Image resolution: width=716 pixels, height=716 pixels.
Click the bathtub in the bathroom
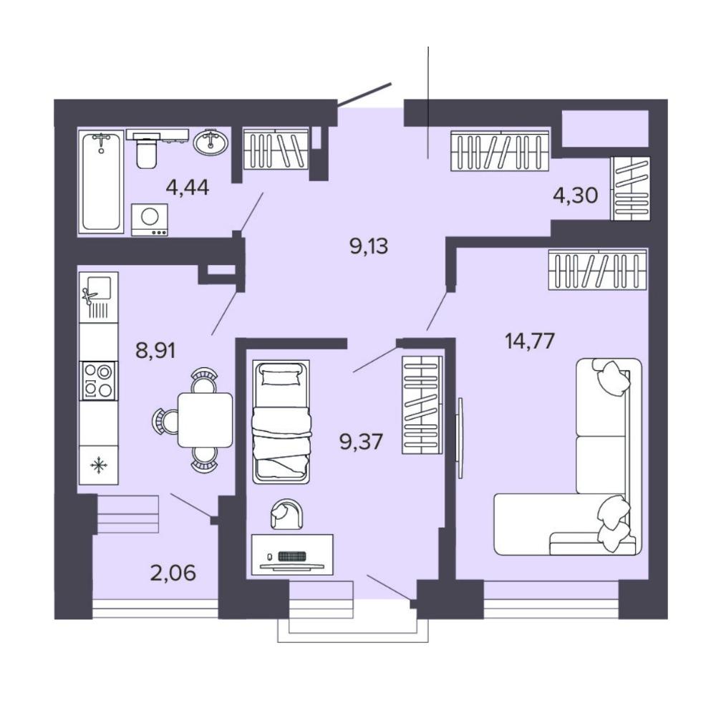tap(101, 182)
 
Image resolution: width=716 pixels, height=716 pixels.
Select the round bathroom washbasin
tap(210, 142)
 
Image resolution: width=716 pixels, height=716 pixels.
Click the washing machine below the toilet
tap(150, 220)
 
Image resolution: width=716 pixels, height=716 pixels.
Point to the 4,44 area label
tap(187, 187)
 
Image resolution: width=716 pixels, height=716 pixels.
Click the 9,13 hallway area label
tap(369, 246)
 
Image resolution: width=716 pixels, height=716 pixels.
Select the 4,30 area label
tap(576, 196)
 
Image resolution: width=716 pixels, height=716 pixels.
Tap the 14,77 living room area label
tap(530, 341)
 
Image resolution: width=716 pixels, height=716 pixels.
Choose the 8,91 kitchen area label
tap(155, 351)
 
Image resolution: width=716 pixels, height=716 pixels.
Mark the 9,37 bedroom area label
tap(361, 442)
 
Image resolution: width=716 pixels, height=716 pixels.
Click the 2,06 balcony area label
tap(173, 573)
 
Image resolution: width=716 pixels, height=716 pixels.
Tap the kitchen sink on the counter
tap(99, 297)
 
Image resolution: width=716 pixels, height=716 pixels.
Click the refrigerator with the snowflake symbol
tap(99, 465)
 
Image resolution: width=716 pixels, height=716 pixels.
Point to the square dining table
tap(205, 420)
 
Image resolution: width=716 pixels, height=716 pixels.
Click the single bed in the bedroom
tap(281, 421)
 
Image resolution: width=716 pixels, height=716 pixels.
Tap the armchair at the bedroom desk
tap(286, 513)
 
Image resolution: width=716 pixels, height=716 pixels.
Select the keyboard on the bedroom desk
tap(291, 556)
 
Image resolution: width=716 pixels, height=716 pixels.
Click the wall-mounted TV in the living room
tap(460, 438)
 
